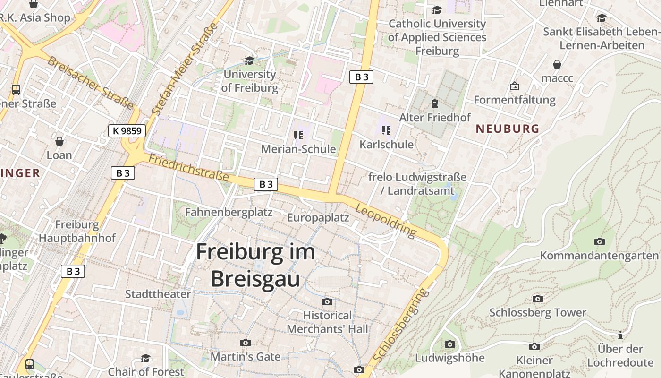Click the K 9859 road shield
click(x=127, y=131)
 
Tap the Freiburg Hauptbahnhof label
click(x=77, y=231)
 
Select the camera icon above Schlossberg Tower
click(x=537, y=299)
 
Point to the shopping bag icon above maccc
click(x=557, y=64)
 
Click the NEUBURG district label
click(x=507, y=129)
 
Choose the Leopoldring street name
click(x=386, y=221)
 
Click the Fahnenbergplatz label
click(x=229, y=212)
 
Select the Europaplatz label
click(x=318, y=217)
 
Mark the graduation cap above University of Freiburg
click(x=249, y=60)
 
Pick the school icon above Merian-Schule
click(x=298, y=136)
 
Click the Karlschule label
click(x=386, y=144)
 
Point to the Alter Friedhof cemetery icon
click(x=434, y=103)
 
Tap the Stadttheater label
click(x=158, y=294)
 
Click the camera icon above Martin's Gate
click(x=245, y=343)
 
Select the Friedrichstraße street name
click(x=189, y=168)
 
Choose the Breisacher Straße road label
click(x=90, y=82)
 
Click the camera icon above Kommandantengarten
click(x=599, y=241)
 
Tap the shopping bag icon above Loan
click(x=59, y=141)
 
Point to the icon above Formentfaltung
click(x=514, y=86)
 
